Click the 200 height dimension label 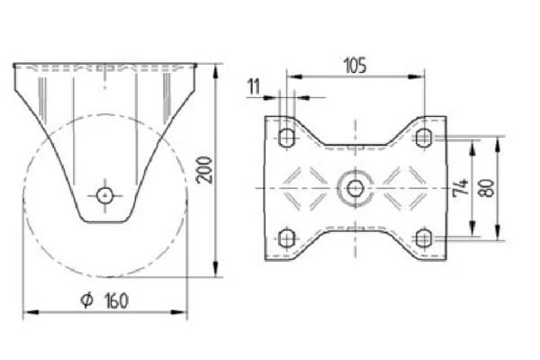[x=204, y=170]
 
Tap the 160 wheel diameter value [x=115, y=301]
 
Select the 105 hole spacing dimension [x=355, y=66]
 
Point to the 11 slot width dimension [x=255, y=86]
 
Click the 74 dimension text [x=461, y=186]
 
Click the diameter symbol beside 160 [x=86, y=300]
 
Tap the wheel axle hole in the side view [x=105, y=195]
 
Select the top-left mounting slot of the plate [x=286, y=138]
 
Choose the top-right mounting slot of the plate [x=423, y=138]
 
